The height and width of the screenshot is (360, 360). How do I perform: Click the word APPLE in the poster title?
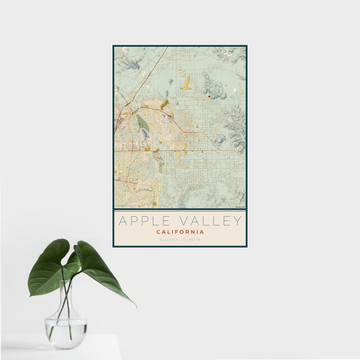(x=143, y=221)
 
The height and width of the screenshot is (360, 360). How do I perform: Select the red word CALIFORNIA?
(x=180, y=232)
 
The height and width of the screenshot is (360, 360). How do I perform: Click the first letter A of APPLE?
(x=122, y=221)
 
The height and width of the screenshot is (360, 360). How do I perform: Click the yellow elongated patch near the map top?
(x=187, y=83)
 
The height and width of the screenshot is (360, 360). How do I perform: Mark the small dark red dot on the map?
(x=209, y=96)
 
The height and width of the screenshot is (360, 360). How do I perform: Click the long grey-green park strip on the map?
(x=142, y=122)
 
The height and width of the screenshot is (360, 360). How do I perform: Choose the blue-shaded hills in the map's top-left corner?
(x=129, y=61)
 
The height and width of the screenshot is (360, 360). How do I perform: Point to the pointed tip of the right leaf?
(x=135, y=306)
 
